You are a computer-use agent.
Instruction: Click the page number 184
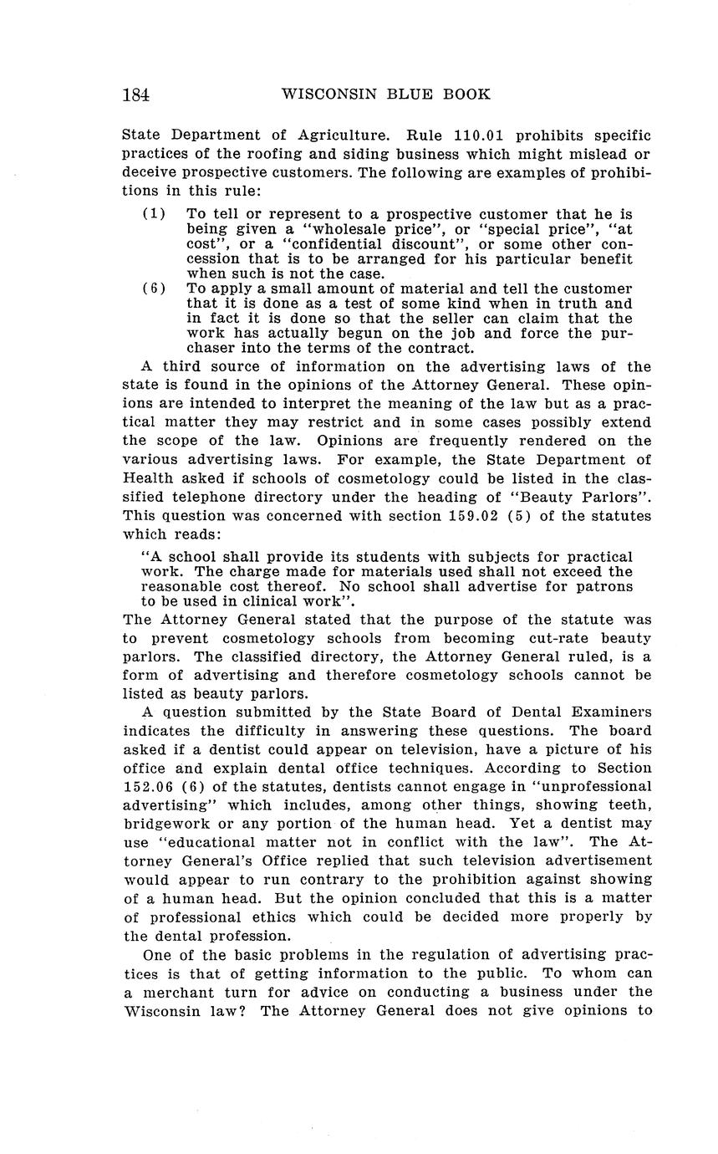click(x=135, y=94)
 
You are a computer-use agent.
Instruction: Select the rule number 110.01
click(x=479, y=135)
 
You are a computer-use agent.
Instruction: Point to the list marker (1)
click(x=154, y=215)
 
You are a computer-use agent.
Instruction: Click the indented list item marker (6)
click(x=154, y=288)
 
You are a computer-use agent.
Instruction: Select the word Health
click(x=147, y=479)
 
